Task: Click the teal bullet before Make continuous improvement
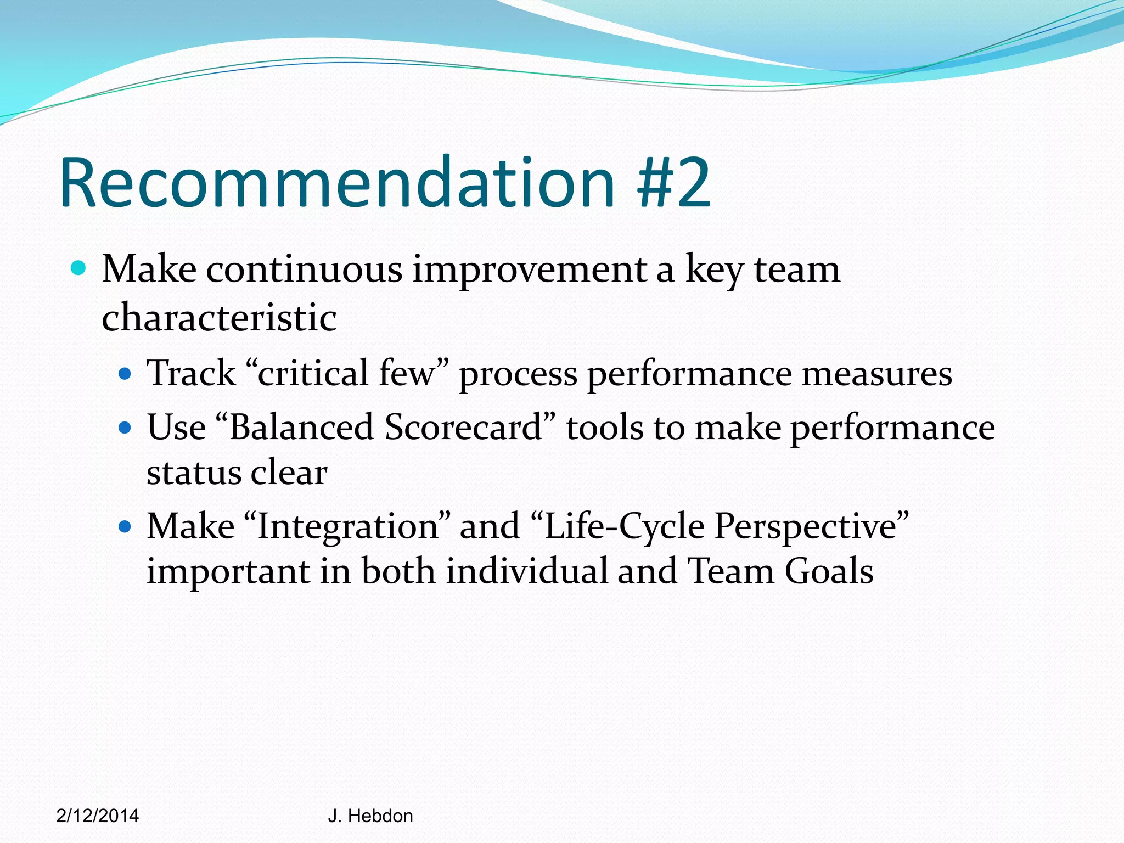click(79, 268)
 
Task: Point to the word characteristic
click(219, 318)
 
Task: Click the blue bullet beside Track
click(125, 374)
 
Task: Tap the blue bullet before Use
click(125, 428)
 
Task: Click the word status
click(194, 473)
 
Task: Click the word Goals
click(829, 571)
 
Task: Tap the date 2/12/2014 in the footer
click(98, 816)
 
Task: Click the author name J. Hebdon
click(370, 816)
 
